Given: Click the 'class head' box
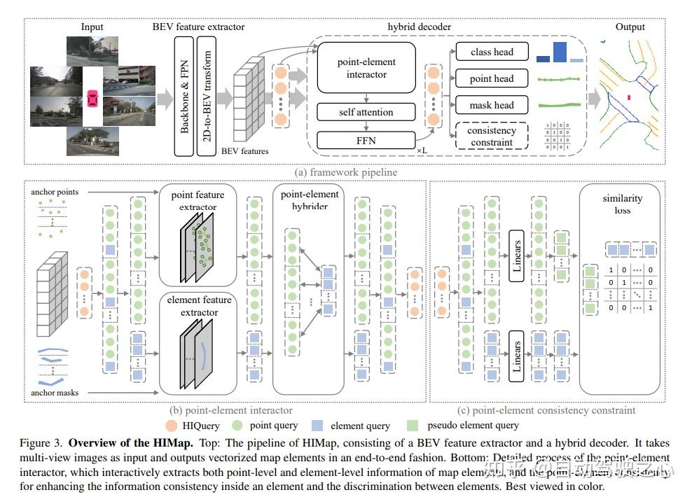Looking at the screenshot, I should pyautogui.click(x=492, y=52).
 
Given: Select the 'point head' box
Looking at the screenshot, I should pyautogui.click(x=492, y=78).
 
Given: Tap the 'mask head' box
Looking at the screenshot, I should pyautogui.click(x=492, y=105).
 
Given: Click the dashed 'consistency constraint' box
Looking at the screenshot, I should pyautogui.click(x=492, y=136).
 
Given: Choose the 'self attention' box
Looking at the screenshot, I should pyautogui.click(x=366, y=112).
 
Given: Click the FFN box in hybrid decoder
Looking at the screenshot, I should pyautogui.click(x=366, y=140).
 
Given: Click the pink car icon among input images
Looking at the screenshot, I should pyautogui.click(x=92, y=99).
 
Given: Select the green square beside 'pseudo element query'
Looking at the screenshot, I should pyautogui.click(x=413, y=425).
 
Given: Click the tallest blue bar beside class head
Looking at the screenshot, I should pyautogui.click(x=559, y=52).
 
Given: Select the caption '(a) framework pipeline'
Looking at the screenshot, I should pyautogui.click(x=346, y=171).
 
